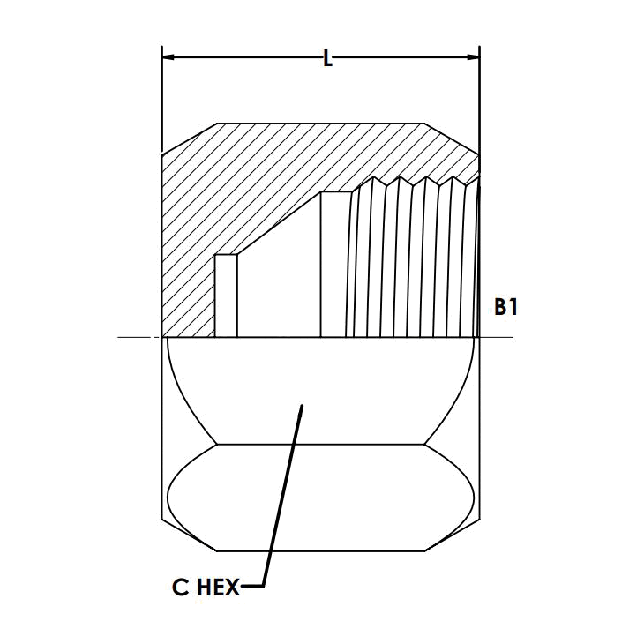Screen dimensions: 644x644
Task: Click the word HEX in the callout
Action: [215, 587]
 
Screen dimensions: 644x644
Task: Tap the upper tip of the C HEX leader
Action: [302, 407]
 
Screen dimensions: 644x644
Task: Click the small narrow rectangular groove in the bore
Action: [226, 296]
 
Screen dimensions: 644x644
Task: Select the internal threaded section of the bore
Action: [415, 265]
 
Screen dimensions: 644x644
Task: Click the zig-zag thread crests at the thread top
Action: [415, 182]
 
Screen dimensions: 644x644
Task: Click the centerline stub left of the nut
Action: [139, 337]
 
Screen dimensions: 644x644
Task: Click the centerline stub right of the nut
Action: [496, 337]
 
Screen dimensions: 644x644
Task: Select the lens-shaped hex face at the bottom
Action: [323, 498]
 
